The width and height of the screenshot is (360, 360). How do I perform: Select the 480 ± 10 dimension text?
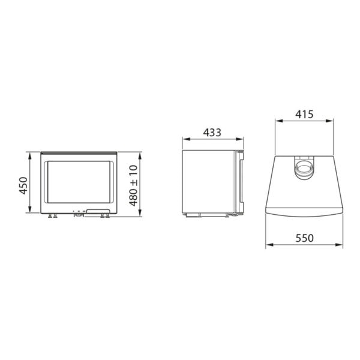click(133, 185)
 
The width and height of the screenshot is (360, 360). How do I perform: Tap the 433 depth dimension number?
click(213, 133)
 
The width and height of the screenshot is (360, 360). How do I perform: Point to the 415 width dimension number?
click(304, 113)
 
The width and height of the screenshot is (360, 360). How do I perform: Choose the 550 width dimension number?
click(304, 238)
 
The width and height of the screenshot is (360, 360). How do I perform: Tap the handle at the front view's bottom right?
click(97, 210)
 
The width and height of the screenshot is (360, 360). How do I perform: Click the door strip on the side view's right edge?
click(242, 183)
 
